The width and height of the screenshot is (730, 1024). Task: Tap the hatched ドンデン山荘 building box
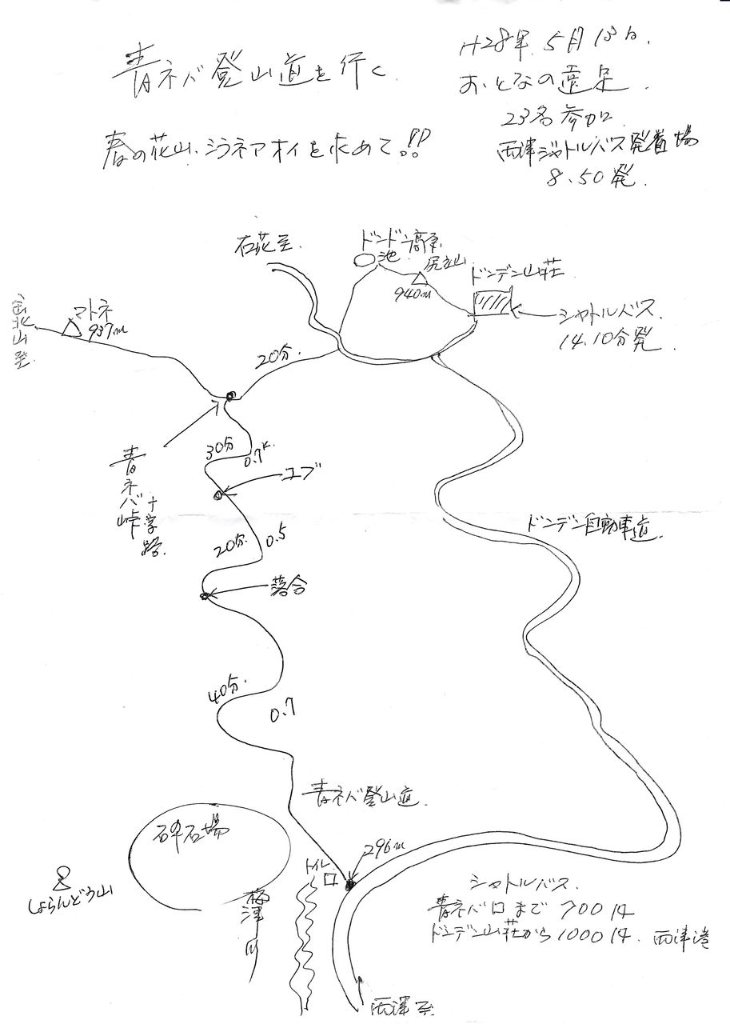click(x=491, y=304)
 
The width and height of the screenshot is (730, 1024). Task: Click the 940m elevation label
click(x=411, y=294)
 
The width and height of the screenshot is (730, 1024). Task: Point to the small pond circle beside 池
click(x=365, y=260)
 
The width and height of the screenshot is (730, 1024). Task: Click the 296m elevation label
click(x=382, y=849)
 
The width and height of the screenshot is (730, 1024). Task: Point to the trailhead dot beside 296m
click(x=349, y=884)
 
